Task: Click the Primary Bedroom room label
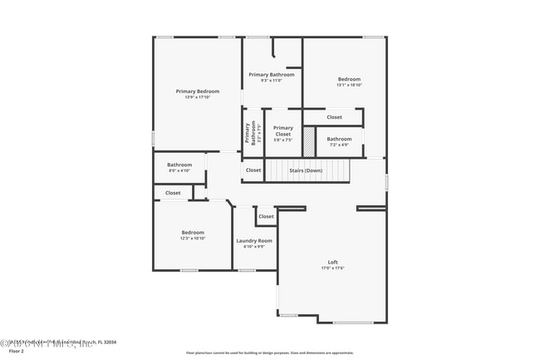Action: tap(197, 91)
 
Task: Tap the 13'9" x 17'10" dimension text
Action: tap(197, 97)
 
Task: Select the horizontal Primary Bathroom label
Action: tap(271, 74)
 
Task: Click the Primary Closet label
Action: tap(282, 131)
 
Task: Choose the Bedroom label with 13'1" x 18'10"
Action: tap(349, 79)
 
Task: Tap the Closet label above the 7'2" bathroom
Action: tap(334, 117)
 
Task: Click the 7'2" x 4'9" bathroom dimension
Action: tap(339, 145)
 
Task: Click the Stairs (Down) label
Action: tap(306, 170)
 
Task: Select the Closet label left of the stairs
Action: tap(253, 170)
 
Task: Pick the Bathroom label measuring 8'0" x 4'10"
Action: tap(179, 165)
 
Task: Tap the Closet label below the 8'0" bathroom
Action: tap(173, 192)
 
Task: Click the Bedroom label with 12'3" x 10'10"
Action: tap(194, 232)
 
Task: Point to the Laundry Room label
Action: tap(254, 240)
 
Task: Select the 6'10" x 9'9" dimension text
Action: tap(254, 246)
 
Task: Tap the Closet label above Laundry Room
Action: tap(266, 216)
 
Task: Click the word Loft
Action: tap(332, 262)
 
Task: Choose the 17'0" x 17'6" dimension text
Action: tap(332, 268)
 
